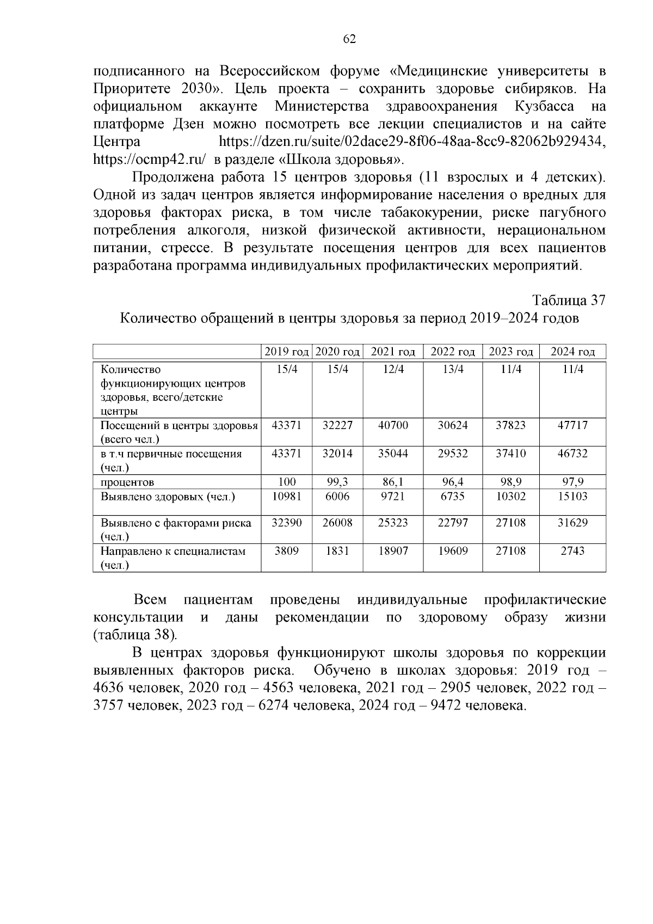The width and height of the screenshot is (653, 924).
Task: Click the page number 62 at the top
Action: [x=349, y=39]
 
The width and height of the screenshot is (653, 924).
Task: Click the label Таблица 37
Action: [x=569, y=301]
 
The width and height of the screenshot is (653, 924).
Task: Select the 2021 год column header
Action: [x=393, y=352]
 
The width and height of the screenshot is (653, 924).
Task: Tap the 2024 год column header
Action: [x=572, y=352]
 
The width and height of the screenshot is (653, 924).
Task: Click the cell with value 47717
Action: [x=572, y=425]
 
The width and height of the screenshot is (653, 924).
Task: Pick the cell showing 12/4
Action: [x=393, y=369]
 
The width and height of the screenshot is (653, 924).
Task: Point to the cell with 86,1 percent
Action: [x=393, y=482]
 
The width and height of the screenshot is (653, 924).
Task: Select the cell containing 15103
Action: [x=572, y=496]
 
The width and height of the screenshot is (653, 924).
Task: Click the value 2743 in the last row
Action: [x=572, y=550]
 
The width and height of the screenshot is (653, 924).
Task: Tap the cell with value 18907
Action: [x=393, y=550]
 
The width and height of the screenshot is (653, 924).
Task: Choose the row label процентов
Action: [x=127, y=482]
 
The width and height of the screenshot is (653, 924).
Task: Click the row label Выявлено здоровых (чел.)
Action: [x=168, y=497]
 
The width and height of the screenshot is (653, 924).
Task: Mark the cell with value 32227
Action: [x=337, y=425]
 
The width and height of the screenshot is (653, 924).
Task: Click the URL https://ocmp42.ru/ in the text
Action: [x=149, y=160]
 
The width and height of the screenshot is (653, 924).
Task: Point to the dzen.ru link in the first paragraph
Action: [x=412, y=142]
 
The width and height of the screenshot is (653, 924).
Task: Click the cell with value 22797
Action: [x=453, y=523]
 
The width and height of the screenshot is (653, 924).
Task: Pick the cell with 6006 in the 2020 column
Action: [x=337, y=496]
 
